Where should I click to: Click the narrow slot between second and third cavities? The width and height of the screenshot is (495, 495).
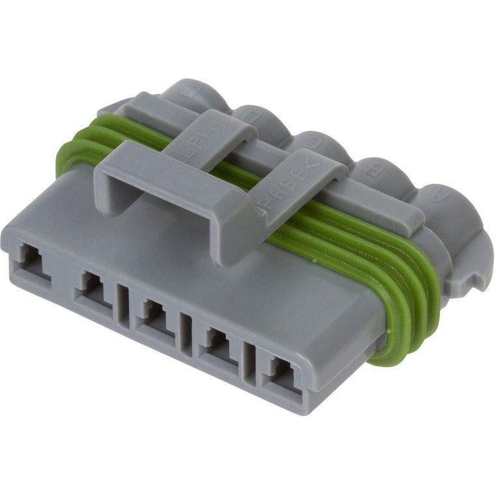122,303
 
